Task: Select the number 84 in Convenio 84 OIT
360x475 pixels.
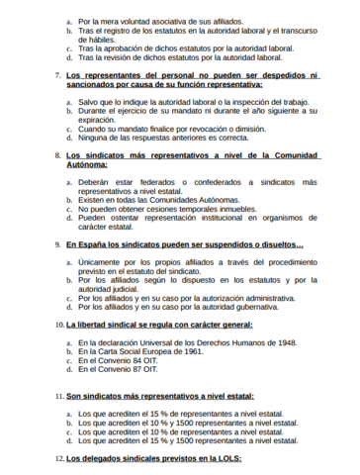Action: pyautogui.click(x=126, y=360)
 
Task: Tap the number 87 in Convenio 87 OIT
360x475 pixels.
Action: pyautogui.click(x=126, y=370)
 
